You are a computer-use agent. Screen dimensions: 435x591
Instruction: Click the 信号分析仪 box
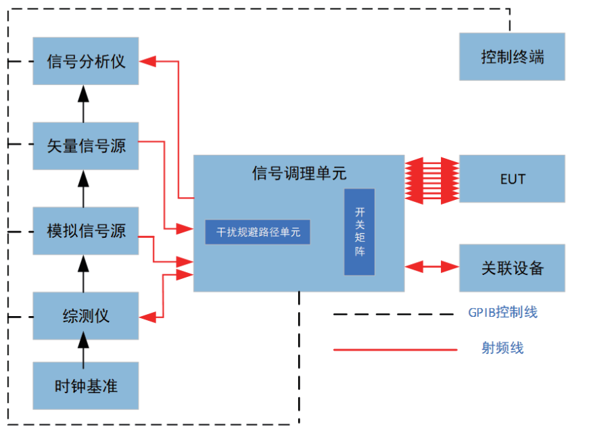86,61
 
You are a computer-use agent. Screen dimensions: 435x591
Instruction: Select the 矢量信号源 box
86,145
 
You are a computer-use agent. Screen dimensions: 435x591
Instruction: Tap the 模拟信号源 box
86,231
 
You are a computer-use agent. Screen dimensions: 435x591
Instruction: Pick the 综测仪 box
86,315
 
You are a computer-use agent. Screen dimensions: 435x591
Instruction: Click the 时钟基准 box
86,386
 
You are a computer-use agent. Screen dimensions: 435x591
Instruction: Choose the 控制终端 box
512,57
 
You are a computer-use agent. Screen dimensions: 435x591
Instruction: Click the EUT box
512,179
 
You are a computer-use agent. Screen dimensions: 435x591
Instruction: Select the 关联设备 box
512,267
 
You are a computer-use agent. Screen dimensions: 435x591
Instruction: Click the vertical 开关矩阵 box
359,232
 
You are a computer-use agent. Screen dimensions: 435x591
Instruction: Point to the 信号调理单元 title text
299,174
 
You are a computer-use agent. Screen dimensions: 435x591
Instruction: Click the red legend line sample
395,349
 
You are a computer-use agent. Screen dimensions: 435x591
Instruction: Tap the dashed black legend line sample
395,313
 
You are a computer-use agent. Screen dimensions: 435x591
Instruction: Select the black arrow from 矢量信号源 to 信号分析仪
85,103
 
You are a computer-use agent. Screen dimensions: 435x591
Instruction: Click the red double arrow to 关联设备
432,267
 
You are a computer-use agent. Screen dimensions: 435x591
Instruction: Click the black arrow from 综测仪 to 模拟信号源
85,274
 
